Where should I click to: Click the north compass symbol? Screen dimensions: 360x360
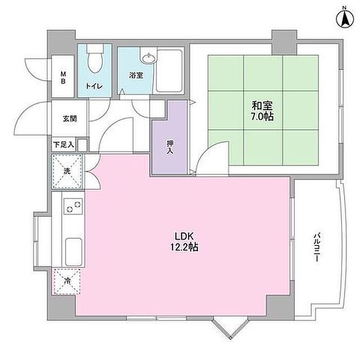click(x=344, y=17)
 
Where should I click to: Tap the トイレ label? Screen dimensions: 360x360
click(x=94, y=86)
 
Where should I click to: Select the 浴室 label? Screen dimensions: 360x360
click(x=136, y=76)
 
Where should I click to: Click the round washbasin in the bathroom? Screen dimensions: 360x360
click(x=148, y=58)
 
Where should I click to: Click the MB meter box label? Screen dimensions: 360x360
click(x=64, y=77)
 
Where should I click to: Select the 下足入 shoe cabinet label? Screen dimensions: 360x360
click(x=63, y=145)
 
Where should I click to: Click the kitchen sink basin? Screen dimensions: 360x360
click(x=73, y=250)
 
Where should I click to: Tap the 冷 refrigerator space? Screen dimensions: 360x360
click(x=67, y=281)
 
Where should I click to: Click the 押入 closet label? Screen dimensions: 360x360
click(x=169, y=148)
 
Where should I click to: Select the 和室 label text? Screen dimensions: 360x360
click(x=262, y=106)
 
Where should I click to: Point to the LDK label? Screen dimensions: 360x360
click(x=184, y=236)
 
